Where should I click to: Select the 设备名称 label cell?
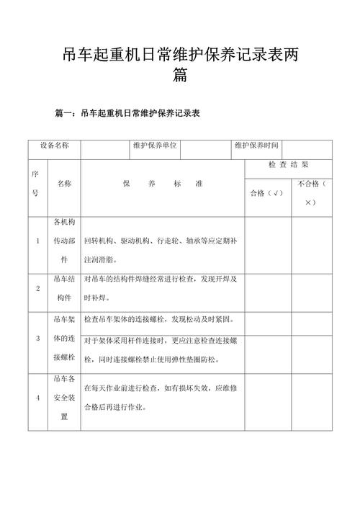(x=55, y=146)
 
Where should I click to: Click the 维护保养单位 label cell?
(x=155, y=146)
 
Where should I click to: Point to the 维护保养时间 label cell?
(x=256, y=146)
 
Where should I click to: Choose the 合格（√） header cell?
(x=266, y=193)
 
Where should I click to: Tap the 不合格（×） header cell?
(x=311, y=193)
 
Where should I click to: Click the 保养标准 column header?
(x=163, y=184)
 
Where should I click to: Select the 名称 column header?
(x=64, y=184)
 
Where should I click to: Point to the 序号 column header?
(x=36, y=184)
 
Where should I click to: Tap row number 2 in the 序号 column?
(x=37, y=288)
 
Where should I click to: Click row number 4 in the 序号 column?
(x=37, y=398)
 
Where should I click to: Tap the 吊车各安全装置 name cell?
(x=64, y=398)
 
